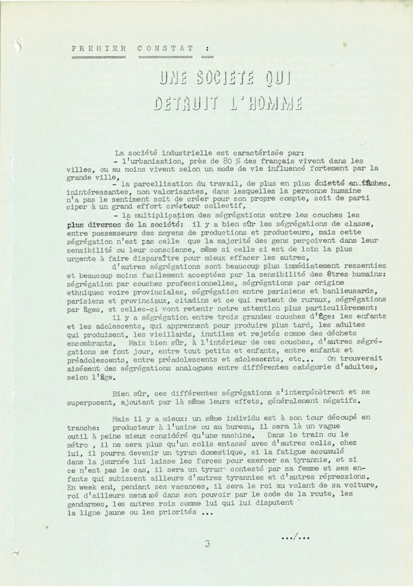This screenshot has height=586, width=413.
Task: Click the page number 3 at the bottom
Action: click(x=207, y=544)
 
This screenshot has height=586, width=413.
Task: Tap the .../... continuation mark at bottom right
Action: click(x=296, y=537)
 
